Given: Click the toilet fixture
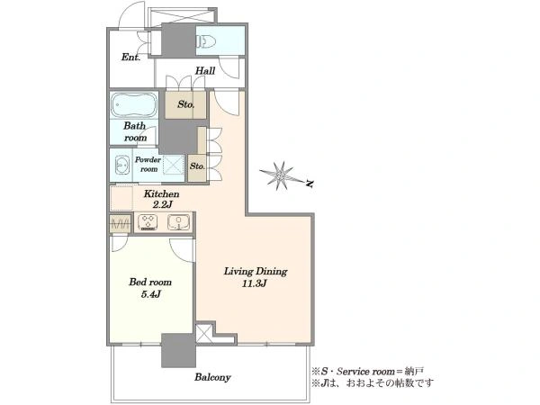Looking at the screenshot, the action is (206, 42).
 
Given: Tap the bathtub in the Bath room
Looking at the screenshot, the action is (134, 104).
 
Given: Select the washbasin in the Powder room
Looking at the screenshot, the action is (121, 166).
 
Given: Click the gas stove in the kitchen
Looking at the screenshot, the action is (148, 221).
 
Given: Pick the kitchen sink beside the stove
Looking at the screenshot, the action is (179, 221).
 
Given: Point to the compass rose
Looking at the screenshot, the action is (282, 176).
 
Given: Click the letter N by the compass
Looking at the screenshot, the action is (310, 184).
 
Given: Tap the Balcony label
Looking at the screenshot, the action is (212, 377).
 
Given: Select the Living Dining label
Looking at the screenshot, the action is (256, 272).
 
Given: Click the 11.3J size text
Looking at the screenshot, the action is (255, 283).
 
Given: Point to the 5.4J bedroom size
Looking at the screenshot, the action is (151, 294).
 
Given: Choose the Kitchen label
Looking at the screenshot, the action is (161, 193).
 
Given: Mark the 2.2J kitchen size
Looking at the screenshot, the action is (162, 205).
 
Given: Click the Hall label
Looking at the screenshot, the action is (205, 71).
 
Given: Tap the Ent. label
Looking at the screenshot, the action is (130, 58).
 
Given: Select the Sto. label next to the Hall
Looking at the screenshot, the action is (186, 104).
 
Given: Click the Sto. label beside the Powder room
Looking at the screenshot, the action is (197, 166).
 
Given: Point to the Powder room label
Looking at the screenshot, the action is (148, 165).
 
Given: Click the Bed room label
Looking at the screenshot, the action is (150, 283).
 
